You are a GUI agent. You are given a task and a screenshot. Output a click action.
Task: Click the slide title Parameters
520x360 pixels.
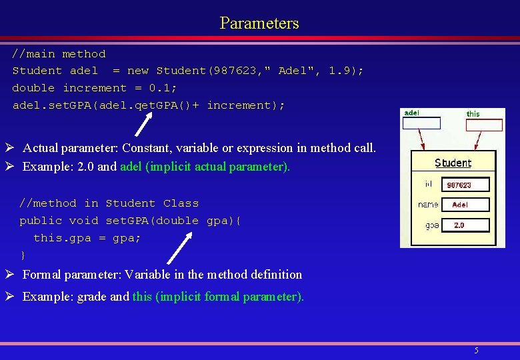pyautogui.click(x=259, y=23)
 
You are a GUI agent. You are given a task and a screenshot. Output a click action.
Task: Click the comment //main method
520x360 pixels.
pyautogui.click(x=59, y=53)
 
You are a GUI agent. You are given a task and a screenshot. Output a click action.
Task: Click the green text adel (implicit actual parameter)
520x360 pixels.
pyautogui.click(x=205, y=167)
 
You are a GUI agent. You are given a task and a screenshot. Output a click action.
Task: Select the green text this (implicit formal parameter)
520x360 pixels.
pyautogui.click(x=218, y=297)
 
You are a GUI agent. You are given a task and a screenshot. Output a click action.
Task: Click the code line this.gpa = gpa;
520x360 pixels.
pyautogui.click(x=87, y=238)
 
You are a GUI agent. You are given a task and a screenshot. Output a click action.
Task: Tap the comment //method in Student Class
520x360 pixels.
pyautogui.click(x=109, y=203)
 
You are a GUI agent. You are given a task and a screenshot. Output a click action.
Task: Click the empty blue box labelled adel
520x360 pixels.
pyautogui.click(x=421, y=123)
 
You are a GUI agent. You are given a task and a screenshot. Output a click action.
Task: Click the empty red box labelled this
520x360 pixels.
pyautogui.click(x=483, y=125)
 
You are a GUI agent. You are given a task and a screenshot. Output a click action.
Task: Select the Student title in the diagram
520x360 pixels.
pyautogui.click(x=453, y=163)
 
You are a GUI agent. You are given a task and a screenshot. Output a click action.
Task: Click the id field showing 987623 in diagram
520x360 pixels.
pyautogui.click(x=465, y=185)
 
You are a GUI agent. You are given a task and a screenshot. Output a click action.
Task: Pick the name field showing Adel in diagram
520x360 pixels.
pyautogui.click(x=465, y=205)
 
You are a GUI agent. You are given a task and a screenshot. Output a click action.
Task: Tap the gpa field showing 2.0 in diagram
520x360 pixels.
pyautogui.click(x=465, y=225)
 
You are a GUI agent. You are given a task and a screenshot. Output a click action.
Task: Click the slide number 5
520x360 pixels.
pyautogui.click(x=476, y=351)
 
